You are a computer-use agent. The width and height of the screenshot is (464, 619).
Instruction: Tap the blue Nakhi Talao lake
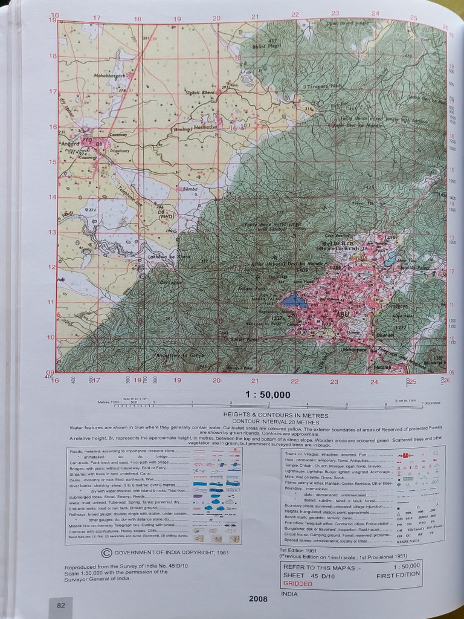click(x=295, y=300)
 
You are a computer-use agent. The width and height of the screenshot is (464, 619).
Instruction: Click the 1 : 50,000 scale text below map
click(x=268, y=395)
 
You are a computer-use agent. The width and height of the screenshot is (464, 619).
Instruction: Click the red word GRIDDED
click(x=298, y=583)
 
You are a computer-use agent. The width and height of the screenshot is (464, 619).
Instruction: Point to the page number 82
click(x=60, y=605)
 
